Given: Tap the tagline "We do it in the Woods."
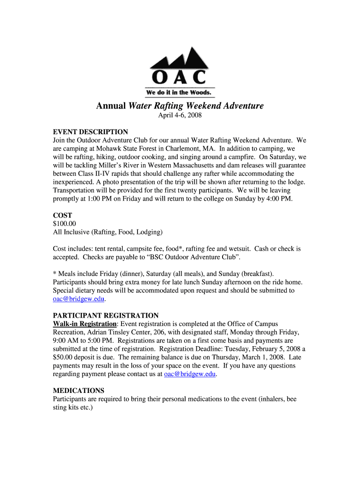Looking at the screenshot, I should pyautogui.click(x=180, y=92).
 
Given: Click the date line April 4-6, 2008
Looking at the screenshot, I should pyautogui.click(x=180, y=115).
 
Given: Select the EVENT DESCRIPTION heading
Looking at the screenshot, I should pyautogui.click(x=90, y=132).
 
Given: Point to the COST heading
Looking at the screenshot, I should pyautogui.click(x=62, y=215).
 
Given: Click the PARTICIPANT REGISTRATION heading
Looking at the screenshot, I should pyautogui.click(x=106, y=315).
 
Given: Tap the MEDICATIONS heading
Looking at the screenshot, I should pyautogui.click(x=79, y=390).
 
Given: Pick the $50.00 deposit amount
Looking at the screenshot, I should pyautogui.click(x=65, y=357).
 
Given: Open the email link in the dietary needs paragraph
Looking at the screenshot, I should pyautogui.click(x=79, y=298).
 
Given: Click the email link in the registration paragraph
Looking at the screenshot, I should pyautogui.click(x=190, y=374).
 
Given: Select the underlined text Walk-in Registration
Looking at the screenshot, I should pyautogui.click(x=85, y=324).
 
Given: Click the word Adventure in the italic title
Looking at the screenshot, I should pyautogui.click(x=240, y=106).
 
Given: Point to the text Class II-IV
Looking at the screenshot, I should pyautogui.click(x=103, y=174).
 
